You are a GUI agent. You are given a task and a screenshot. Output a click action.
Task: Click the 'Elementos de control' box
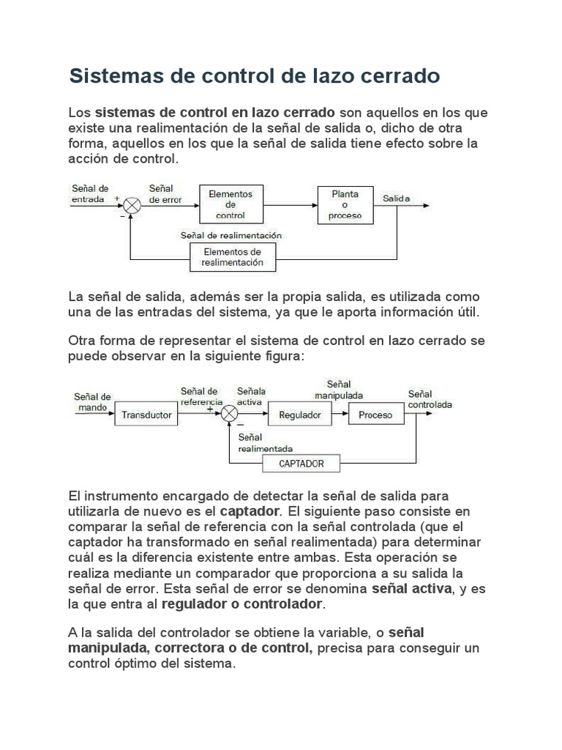coord(231,205)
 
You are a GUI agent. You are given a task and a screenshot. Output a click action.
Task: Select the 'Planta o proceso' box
coord(345,205)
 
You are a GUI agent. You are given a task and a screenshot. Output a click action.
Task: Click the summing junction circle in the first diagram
coord(132,206)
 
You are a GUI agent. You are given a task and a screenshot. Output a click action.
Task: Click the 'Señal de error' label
coord(165,193)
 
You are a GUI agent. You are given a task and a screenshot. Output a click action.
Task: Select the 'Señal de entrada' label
coord(90,193)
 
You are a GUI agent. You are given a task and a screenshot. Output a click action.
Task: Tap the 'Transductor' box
coord(146,415)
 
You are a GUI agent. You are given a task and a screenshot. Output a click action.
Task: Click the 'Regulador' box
coord(300,415)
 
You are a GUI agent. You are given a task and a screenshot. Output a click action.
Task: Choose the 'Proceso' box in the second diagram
coord(375,415)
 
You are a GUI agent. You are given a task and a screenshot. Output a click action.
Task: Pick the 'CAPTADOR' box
coord(301,464)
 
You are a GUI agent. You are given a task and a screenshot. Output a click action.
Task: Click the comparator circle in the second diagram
coord(230,415)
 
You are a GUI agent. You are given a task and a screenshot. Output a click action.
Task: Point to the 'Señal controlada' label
coord(430,399)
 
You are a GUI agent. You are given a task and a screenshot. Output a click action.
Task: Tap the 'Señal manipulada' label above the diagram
coord(338,390)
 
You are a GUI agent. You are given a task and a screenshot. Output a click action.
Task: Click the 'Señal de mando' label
coord(91,402)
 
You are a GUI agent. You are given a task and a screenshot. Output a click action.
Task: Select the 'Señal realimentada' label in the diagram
coord(266,443)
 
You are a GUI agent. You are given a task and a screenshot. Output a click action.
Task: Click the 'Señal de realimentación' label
coord(231,236)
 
